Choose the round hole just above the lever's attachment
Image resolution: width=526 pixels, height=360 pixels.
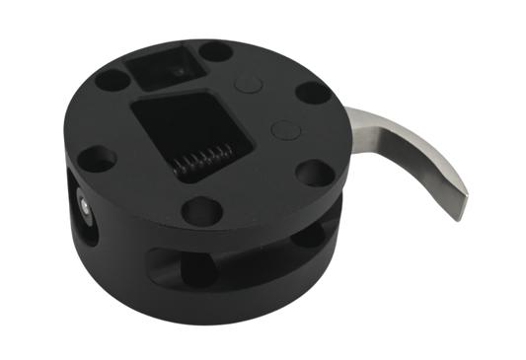pyautogui.click(x=311, y=94)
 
